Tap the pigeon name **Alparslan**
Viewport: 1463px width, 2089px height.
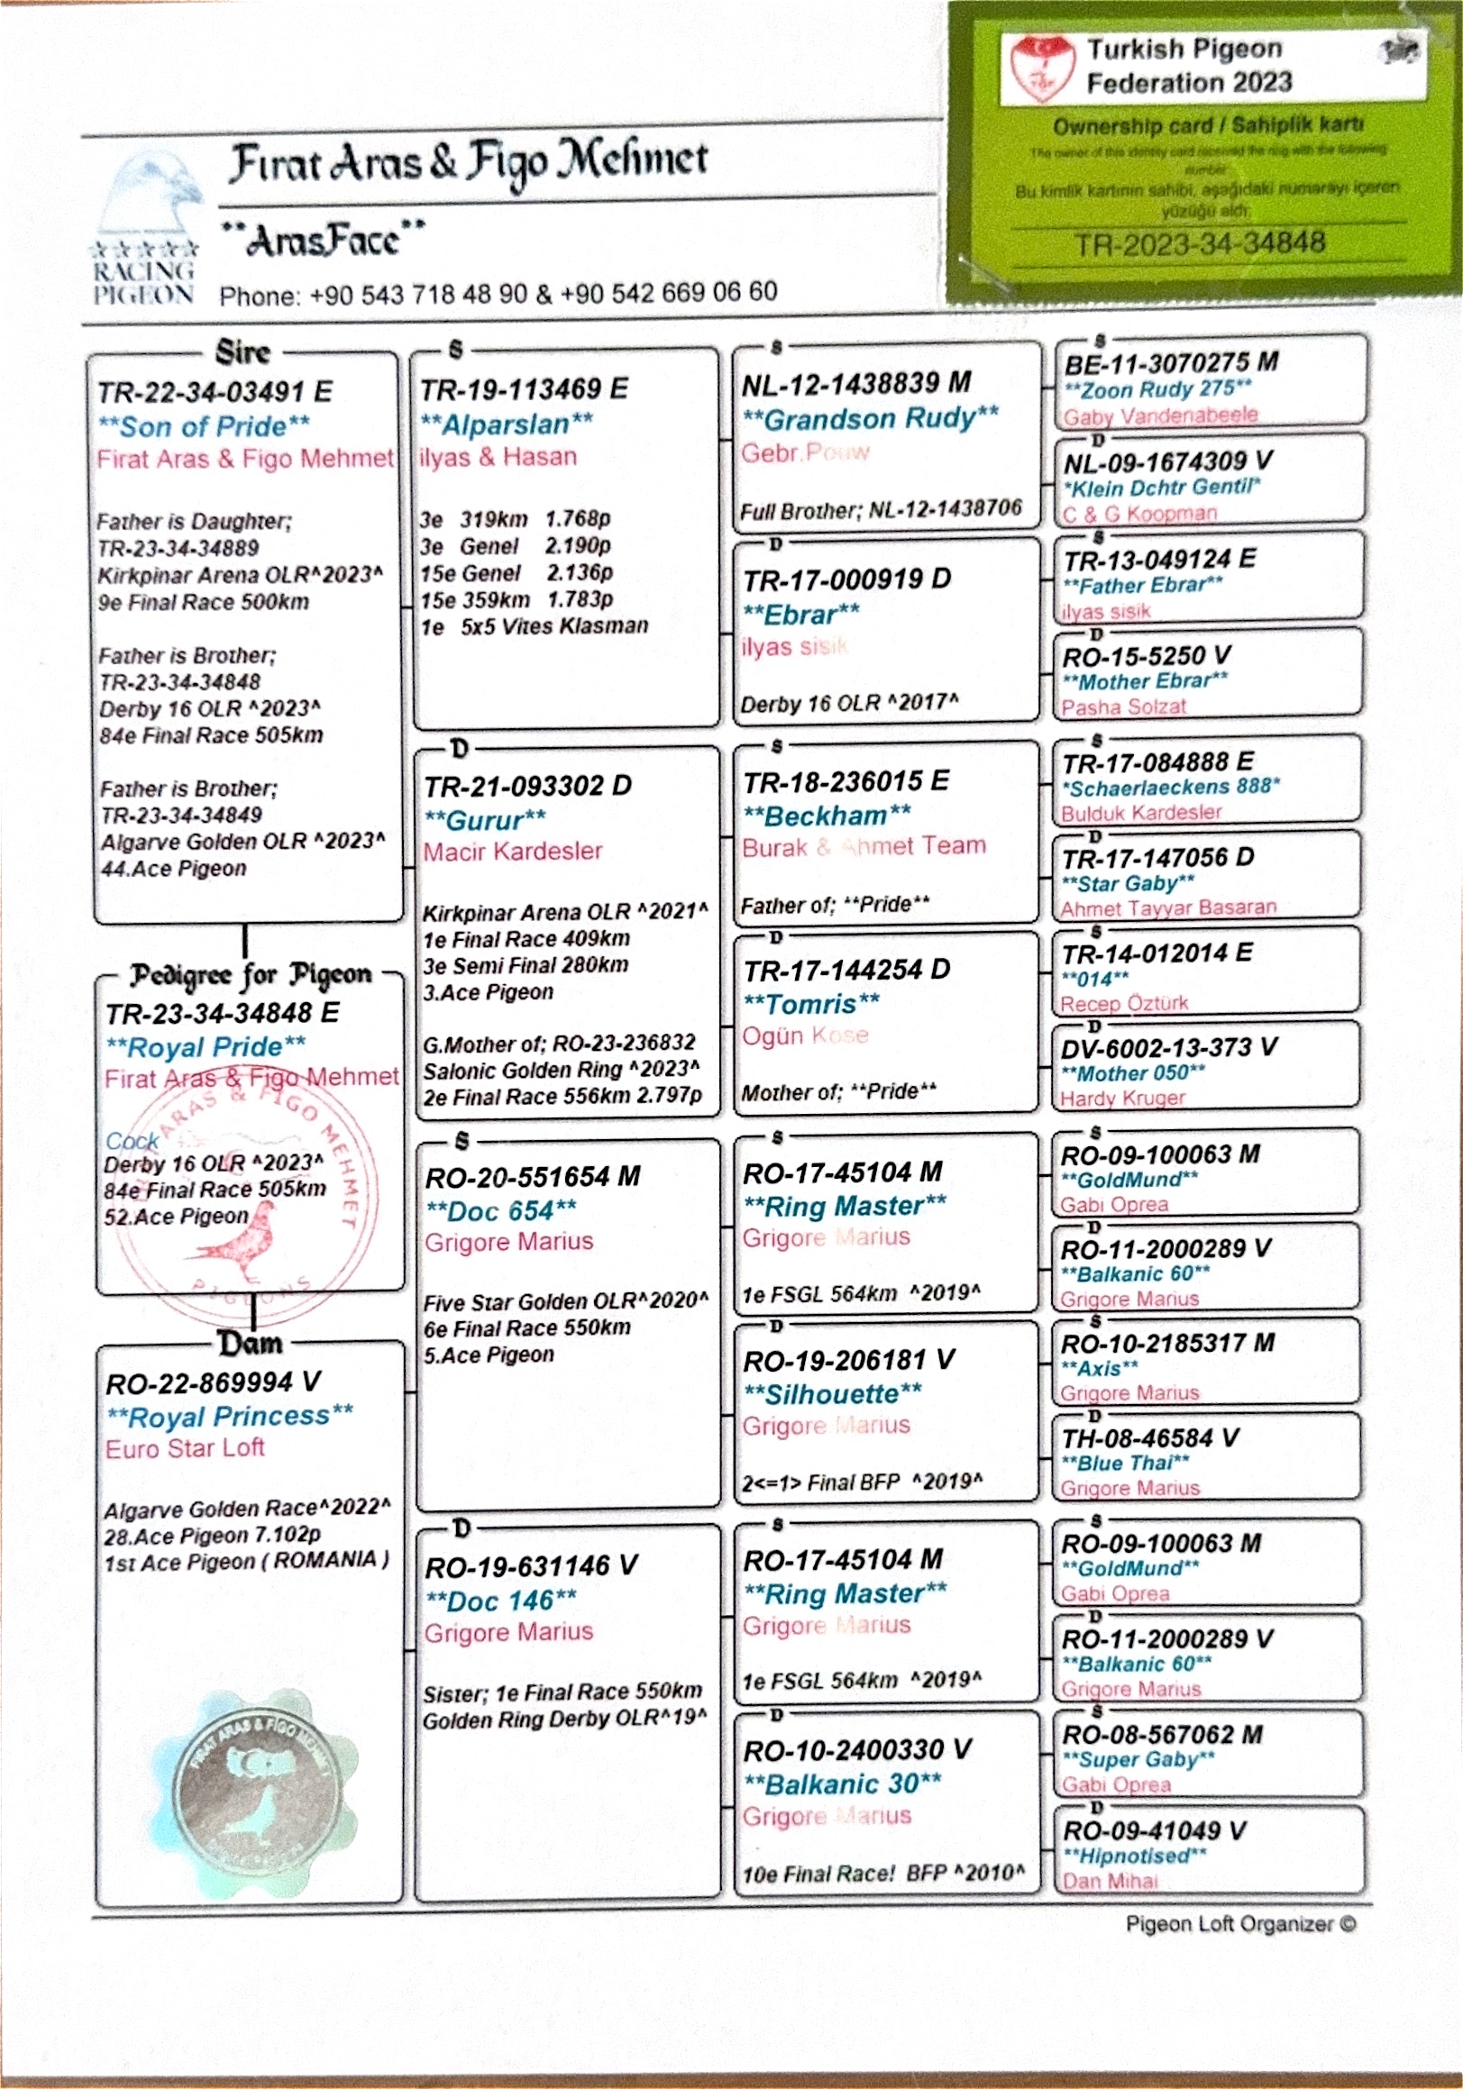pyautogui.click(x=507, y=423)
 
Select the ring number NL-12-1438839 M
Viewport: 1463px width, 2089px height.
pyautogui.click(x=856, y=384)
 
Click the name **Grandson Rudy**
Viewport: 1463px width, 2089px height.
pyautogui.click(x=871, y=418)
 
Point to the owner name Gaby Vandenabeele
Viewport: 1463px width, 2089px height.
pyautogui.click(x=1161, y=415)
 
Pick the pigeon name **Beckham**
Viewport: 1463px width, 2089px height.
pyautogui.click(x=827, y=816)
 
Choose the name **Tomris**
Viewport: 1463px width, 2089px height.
pyautogui.click(x=811, y=1004)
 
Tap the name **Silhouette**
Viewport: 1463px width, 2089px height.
pyautogui.click(x=833, y=1394)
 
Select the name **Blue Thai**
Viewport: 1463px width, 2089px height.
pyautogui.click(x=1126, y=1463)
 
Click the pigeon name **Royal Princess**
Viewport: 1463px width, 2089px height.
pyautogui.click(x=230, y=1417)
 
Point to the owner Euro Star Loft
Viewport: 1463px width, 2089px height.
pyautogui.click(x=185, y=1448)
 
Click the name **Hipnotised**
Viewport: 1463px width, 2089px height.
pyautogui.click(x=1134, y=1856)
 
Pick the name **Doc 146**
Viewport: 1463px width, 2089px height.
pyautogui.click(x=500, y=1601)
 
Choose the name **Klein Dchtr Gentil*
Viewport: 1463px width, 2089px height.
pyautogui.click(x=1162, y=487)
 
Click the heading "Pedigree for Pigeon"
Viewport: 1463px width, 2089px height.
pyautogui.click(x=251, y=975)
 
